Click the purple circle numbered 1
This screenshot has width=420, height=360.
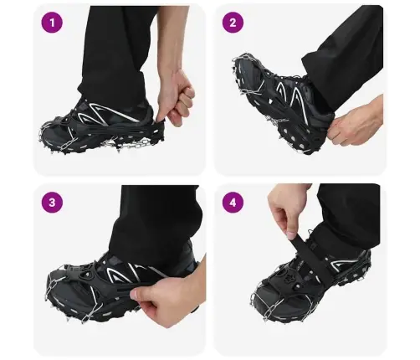(x=52, y=23)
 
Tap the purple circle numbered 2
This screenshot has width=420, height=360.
(x=233, y=23)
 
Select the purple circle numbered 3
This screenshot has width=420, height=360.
(x=52, y=203)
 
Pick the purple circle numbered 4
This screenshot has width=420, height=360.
(x=233, y=203)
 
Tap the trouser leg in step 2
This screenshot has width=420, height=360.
(x=346, y=59)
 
